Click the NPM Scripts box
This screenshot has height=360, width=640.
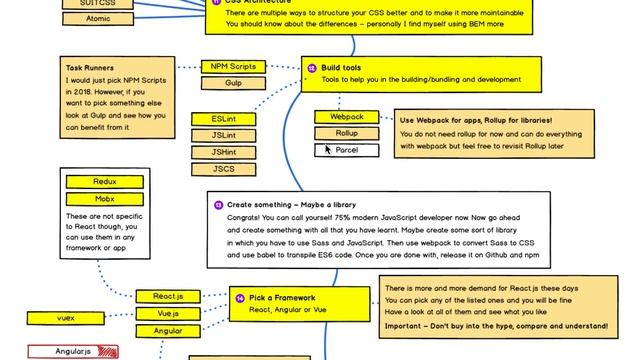(233, 66)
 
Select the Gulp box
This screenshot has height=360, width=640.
(233, 83)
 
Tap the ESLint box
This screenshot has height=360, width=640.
(224, 118)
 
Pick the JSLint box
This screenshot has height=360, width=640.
(224, 135)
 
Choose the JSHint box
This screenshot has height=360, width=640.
(224, 152)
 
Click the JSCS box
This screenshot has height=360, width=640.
(224, 169)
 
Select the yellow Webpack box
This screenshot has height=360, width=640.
(347, 116)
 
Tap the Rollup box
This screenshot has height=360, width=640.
(347, 133)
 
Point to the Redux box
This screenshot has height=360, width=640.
(104, 182)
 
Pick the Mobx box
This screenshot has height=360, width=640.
(104, 199)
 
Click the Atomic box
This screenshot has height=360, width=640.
(99, 18)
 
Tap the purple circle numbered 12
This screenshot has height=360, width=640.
(312, 68)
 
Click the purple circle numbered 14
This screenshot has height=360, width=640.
(240, 298)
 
